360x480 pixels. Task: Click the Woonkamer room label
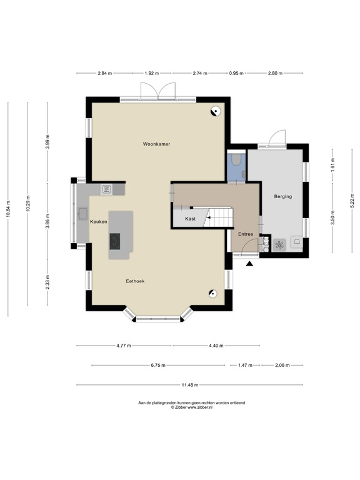pyautogui.click(x=156, y=144)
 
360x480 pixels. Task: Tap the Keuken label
pyautogui.click(x=98, y=222)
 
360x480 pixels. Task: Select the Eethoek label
pyautogui.click(x=135, y=281)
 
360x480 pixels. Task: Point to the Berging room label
pyautogui.click(x=282, y=197)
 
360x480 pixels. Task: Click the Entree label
pyautogui.click(x=245, y=234)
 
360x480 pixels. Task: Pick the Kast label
pyautogui.click(x=191, y=219)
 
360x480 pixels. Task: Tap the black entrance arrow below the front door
pyautogui.click(x=250, y=264)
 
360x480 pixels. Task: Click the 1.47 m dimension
pyautogui.click(x=245, y=365)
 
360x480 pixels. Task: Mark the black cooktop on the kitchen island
pyautogui.click(x=116, y=241)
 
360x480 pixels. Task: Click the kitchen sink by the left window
pyautogui.click(x=82, y=214)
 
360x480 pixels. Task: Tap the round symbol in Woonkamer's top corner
pyautogui.click(x=215, y=112)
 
